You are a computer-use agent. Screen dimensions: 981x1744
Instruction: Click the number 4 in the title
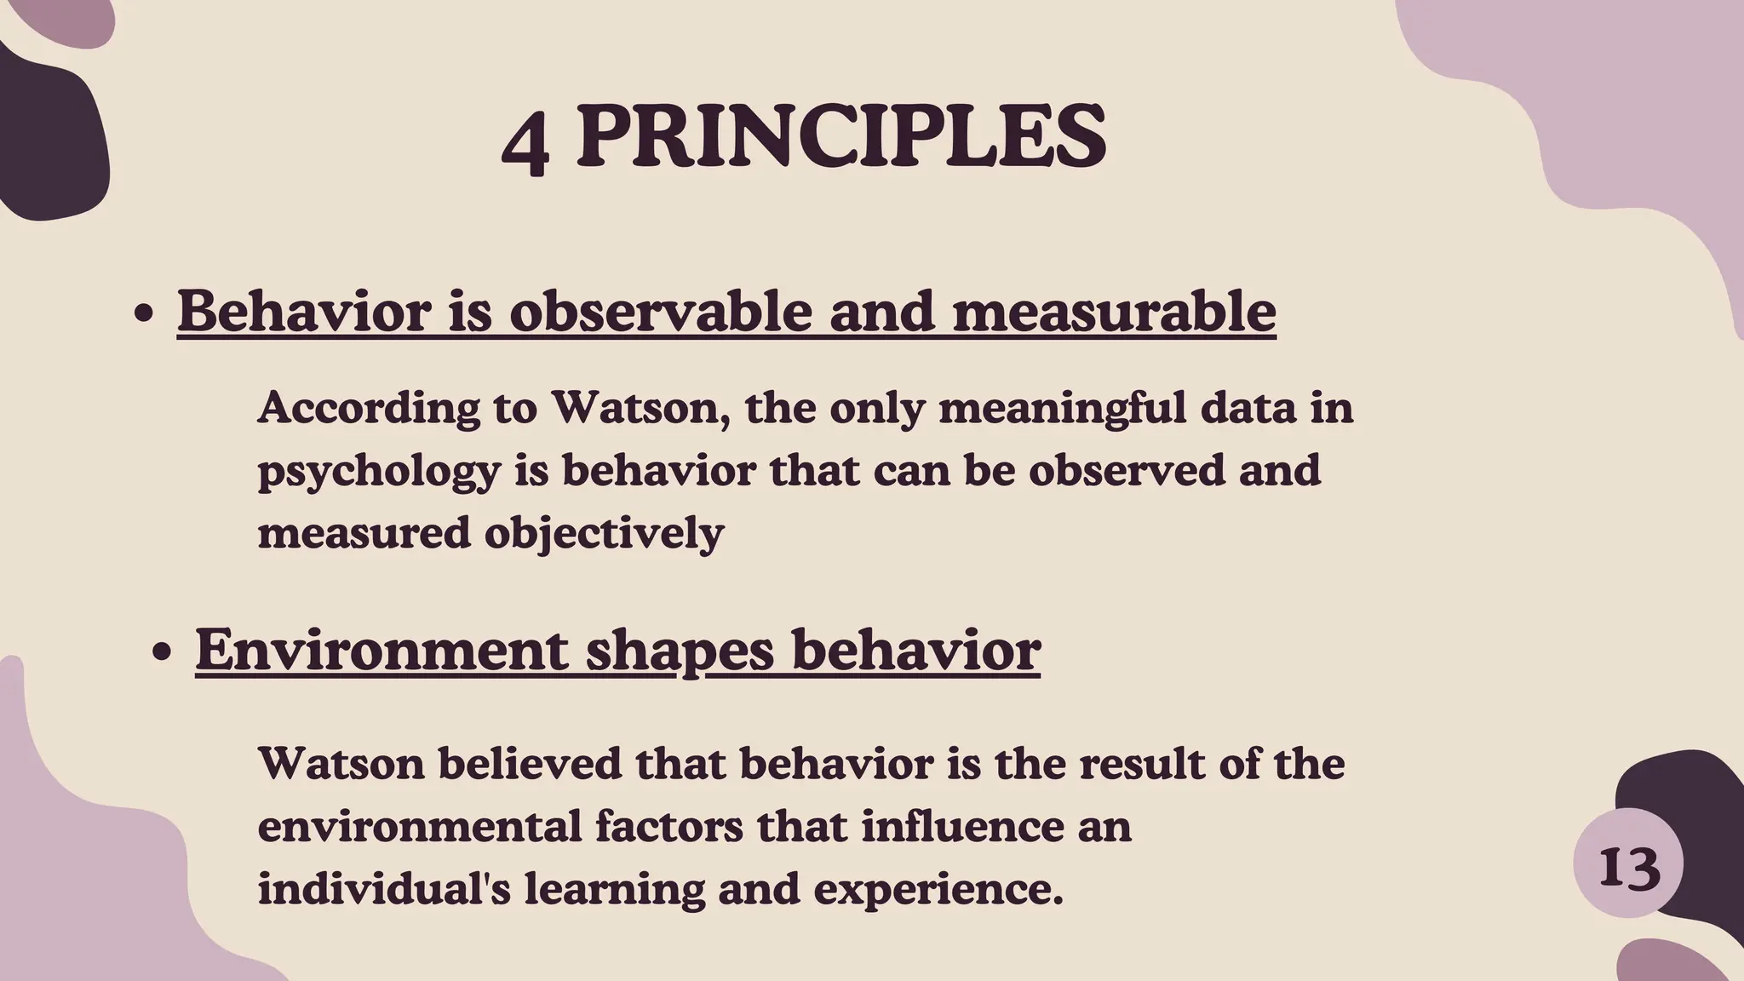click(x=525, y=141)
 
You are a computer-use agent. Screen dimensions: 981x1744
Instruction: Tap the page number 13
click(x=1629, y=869)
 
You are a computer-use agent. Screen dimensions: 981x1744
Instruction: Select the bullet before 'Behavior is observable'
click(x=145, y=314)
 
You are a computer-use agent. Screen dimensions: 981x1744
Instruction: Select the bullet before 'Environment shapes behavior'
click(x=162, y=653)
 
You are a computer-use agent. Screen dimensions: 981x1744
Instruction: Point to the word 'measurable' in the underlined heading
click(x=1113, y=311)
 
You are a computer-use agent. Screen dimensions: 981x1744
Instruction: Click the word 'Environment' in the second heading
click(x=381, y=650)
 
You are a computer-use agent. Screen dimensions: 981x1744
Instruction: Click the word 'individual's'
click(x=384, y=888)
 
